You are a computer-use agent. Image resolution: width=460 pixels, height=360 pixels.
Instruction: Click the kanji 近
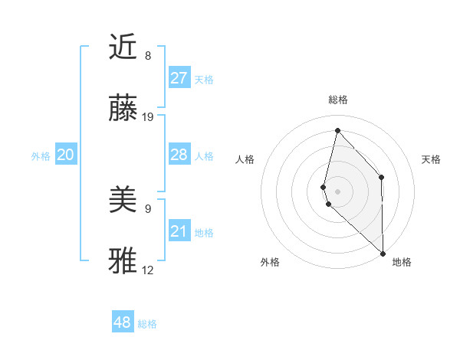(x=124, y=47)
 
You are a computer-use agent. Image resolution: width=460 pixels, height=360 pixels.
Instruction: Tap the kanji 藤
(x=124, y=110)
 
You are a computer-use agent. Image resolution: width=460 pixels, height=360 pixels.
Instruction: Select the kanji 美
(x=124, y=201)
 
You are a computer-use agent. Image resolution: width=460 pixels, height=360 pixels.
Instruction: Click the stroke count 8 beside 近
(x=148, y=56)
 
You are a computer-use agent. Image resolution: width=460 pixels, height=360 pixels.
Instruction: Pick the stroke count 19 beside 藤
(x=148, y=117)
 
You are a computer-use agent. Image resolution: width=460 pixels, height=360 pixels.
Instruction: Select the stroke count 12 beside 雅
(x=148, y=270)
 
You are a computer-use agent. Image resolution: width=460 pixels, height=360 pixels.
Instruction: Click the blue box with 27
(x=179, y=78)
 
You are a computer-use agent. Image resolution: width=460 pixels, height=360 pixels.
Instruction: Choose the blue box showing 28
(x=179, y=155)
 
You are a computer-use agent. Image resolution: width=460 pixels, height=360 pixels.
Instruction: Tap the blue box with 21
(x=179, y=231)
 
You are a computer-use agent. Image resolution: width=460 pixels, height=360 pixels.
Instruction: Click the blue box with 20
(x=65, y=155)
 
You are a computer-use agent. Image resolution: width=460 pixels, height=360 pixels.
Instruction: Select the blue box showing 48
(x=123, y=322)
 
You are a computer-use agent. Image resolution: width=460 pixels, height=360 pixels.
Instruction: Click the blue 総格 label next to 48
(x=147, y=324)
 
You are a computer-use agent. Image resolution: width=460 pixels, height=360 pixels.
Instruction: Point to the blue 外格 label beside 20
(x=41, y=156)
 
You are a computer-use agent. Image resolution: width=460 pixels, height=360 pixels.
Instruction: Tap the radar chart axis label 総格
(x=338, y=100)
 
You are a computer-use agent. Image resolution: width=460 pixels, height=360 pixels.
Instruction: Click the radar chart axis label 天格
(x=431, y=159)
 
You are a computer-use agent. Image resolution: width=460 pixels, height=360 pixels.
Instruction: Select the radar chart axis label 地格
(x=402, y=262)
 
